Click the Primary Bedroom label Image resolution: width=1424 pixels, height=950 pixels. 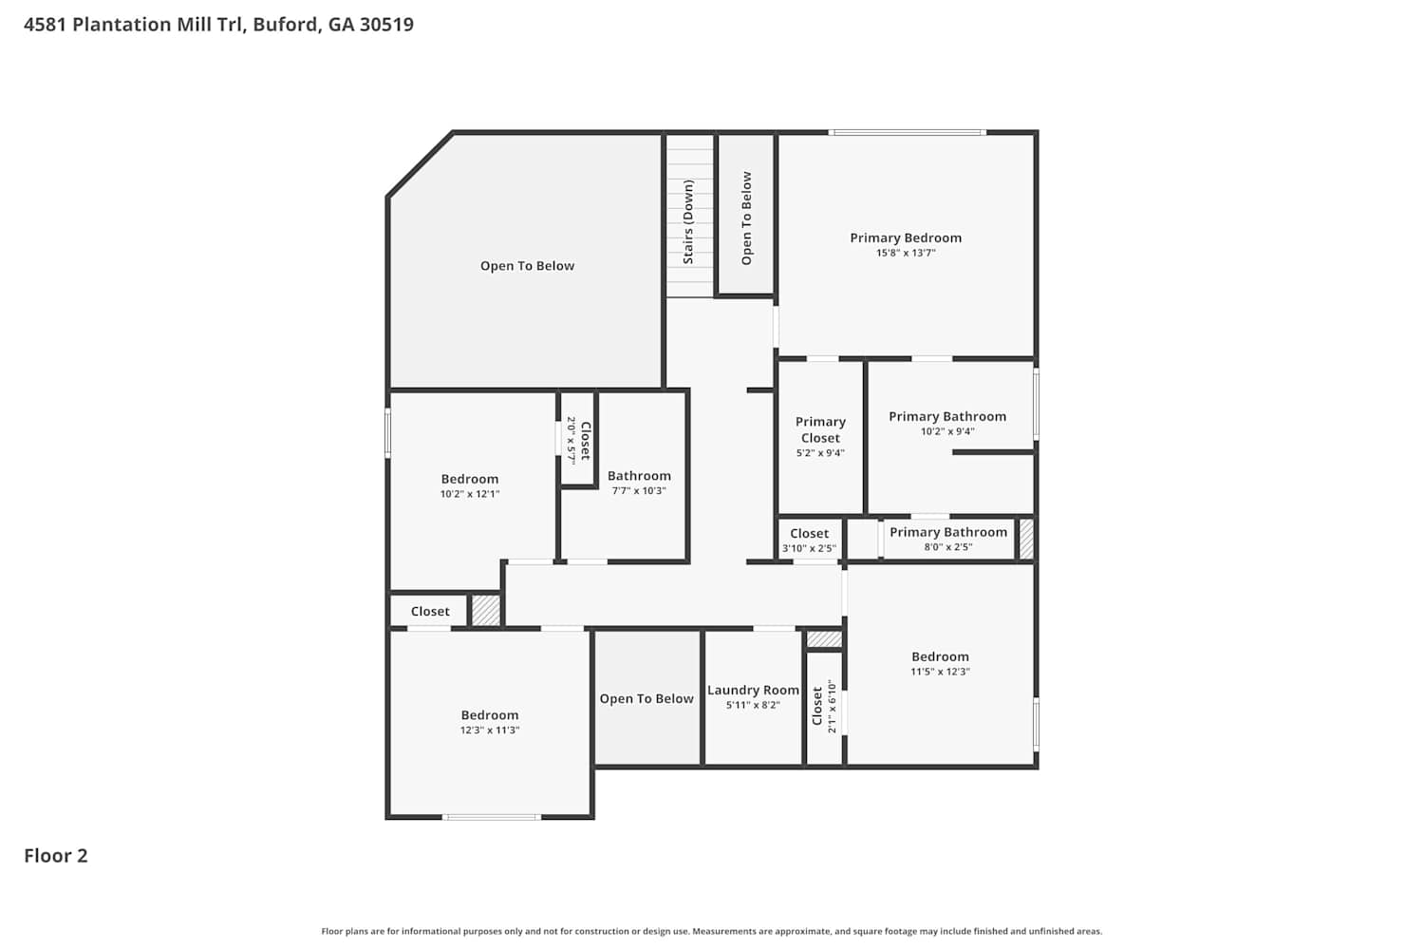(906, 238)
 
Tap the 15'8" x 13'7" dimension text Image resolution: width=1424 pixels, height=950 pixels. (906, 253)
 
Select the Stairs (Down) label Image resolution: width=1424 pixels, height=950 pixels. (688, 222)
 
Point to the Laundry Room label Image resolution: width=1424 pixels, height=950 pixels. (753, 690)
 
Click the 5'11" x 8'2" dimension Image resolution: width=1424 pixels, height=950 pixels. (753, 705)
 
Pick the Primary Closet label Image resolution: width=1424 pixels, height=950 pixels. (820, 429)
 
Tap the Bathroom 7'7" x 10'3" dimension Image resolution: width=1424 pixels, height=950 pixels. (639, 490)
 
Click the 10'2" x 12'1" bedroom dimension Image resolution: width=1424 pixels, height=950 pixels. (470, 494)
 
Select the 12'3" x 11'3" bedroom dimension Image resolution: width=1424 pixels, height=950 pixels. (490, 730)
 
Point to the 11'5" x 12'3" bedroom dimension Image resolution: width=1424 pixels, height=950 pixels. (940, 672)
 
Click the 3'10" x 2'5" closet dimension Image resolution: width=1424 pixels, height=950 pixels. (809, 548)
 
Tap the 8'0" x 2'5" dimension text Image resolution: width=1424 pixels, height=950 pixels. (947, 546)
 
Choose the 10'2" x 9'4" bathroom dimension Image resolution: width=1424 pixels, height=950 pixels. (947, 430)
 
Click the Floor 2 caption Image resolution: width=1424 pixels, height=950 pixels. (56, 856)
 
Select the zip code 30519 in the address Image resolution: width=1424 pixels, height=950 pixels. (386, 24)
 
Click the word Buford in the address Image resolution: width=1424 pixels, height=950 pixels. (287, 24)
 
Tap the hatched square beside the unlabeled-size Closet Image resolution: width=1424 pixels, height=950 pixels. (486, 610)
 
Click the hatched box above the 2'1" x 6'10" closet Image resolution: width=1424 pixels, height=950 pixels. (824, 638)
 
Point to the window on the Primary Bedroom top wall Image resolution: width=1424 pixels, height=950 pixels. (908, 132)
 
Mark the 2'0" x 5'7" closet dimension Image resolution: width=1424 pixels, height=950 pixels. (571, 439)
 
